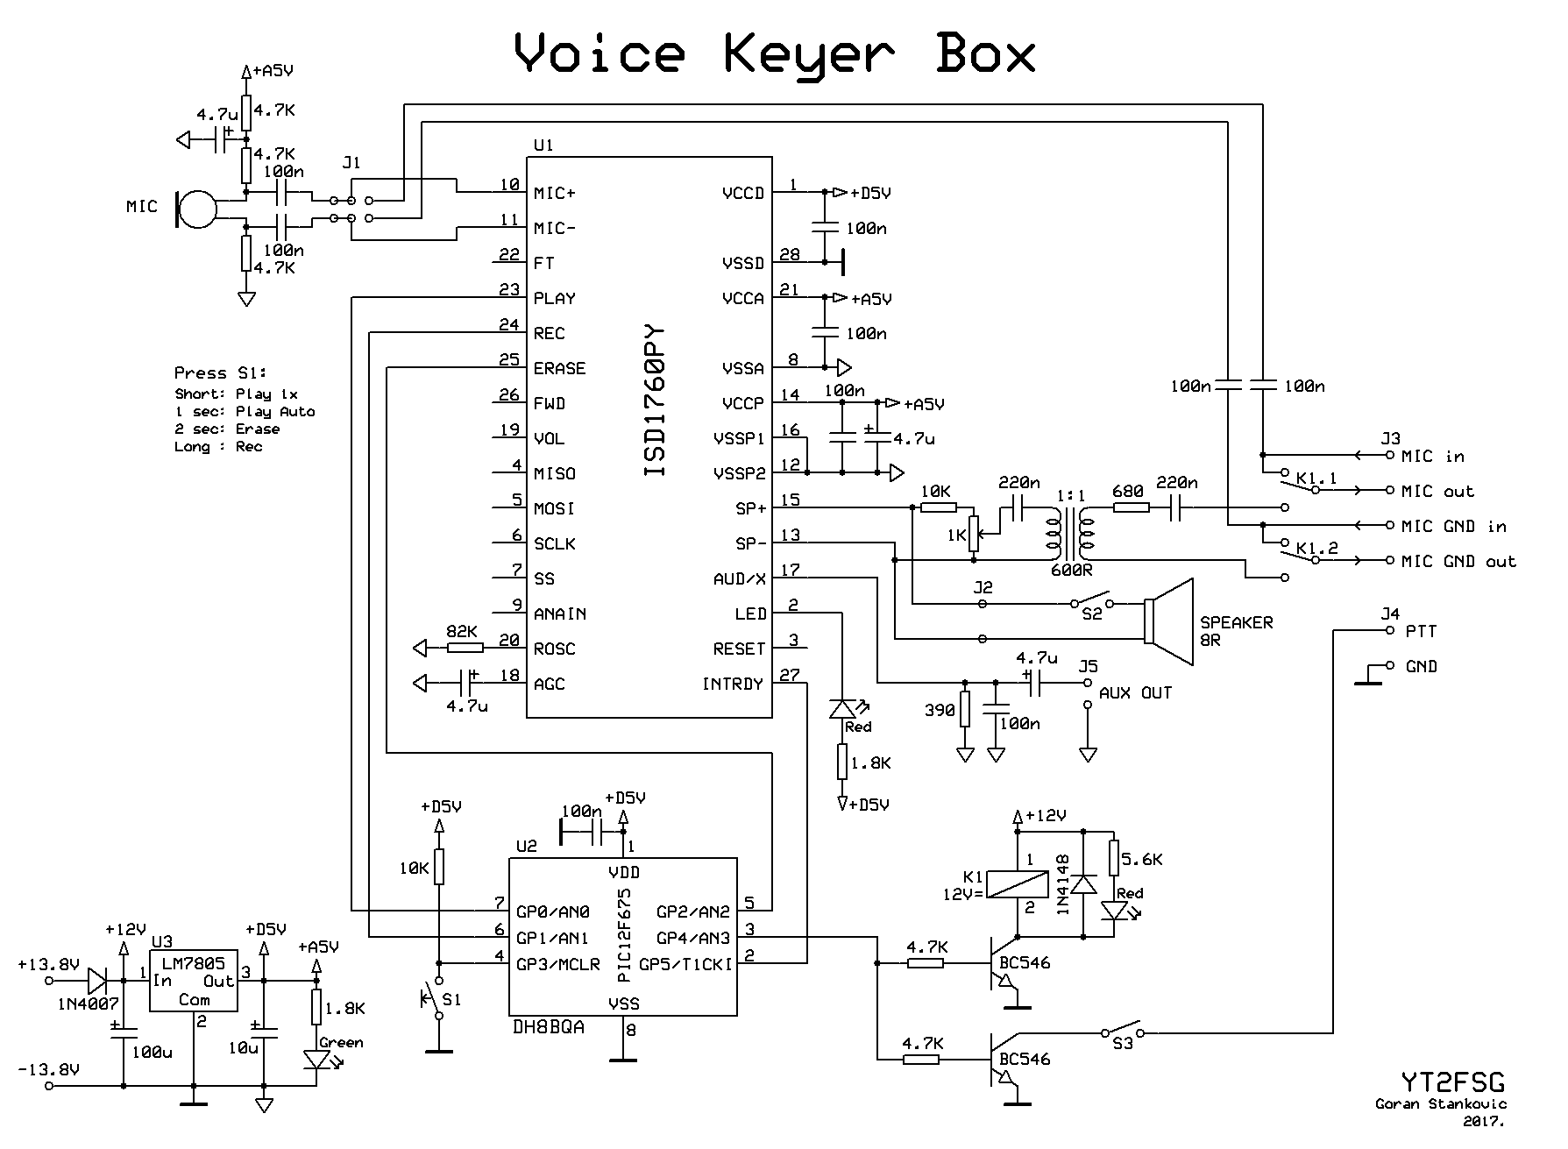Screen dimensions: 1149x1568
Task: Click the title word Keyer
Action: click(811, 54)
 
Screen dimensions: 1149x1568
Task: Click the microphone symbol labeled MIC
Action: click(195, 209)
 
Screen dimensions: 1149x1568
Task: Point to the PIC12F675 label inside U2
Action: click(624, 936)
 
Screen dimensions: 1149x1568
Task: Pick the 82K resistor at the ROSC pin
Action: click(465, 648)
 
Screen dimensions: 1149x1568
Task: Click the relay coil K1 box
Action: click(1018, 884)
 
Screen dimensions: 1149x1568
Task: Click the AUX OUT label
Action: click(1135, 693)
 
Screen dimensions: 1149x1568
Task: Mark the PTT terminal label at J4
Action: click(1421, 631)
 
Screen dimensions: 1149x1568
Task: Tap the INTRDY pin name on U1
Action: click(732, 684)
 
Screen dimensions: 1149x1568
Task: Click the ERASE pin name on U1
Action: click(559, 368)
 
